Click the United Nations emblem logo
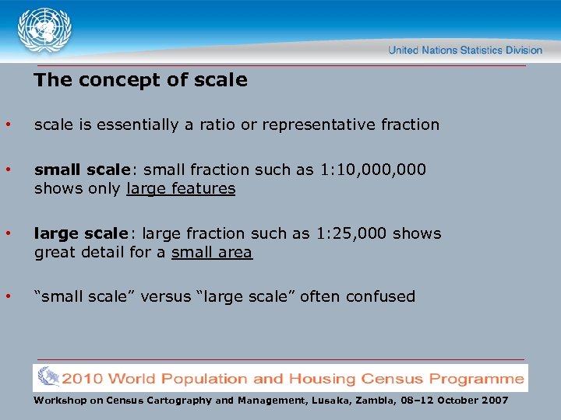pos(44,30)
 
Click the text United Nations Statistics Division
pos(465,50)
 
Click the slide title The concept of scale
pos(140,80)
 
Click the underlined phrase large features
pos(180,189)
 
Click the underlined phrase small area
pos(211,252)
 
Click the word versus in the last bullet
pos(165,296)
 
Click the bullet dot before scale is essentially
pos(8,124)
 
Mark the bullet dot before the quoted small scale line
pos(8,296)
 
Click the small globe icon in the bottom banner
pos(48,378)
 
